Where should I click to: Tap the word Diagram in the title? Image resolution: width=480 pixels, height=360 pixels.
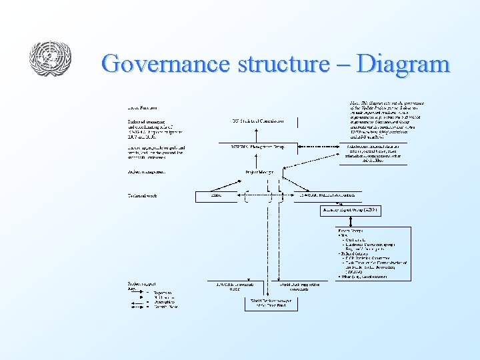click(x=403, y=64)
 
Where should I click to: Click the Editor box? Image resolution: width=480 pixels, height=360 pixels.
click(x=217, y=196)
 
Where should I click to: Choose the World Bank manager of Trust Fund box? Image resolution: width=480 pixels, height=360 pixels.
click(x=271, y=303)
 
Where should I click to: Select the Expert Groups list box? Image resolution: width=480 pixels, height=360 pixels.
click(x=374, y=253)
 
